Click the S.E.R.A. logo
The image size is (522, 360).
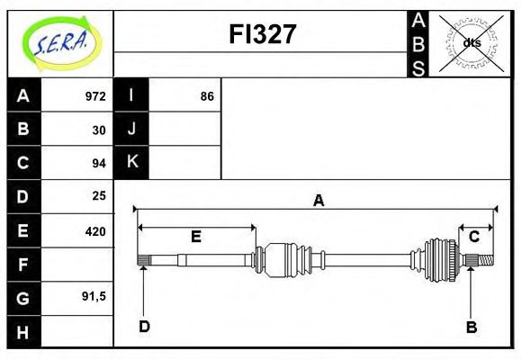point(59,42)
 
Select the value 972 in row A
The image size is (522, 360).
point(95,96)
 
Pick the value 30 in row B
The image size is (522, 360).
point(99,130)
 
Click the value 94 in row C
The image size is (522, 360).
point(99,163)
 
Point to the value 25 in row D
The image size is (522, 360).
point(99,195)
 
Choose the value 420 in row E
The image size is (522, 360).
point(95,230)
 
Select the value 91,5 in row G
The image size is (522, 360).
point(94,295)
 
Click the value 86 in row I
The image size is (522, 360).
point(207,96)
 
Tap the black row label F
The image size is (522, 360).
point(23,264)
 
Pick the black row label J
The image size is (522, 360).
point(131,129)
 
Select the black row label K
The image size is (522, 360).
point(131,162)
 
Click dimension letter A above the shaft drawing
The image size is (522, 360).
point(318,201)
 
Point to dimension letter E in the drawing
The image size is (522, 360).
point(195,237)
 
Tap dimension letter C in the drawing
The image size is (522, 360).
point(473,237)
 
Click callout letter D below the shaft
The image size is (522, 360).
point(144,326)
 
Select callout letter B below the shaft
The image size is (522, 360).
point(471,327)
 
